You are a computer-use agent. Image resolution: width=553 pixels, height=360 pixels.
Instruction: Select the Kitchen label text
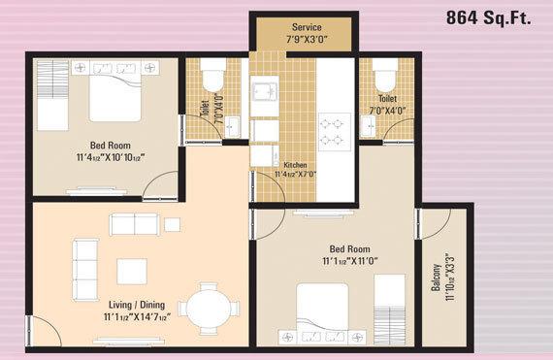pyautogui.click(x=295, y=165)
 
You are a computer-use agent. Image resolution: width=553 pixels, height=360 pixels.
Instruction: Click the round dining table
pyautogui.click(x=210, y=309)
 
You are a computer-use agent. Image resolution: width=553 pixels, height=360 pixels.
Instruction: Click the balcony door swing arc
pyautogui.click(x=438, y=225)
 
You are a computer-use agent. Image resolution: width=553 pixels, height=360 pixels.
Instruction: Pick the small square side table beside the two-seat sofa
pyautogui.click(x=172, y=224)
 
